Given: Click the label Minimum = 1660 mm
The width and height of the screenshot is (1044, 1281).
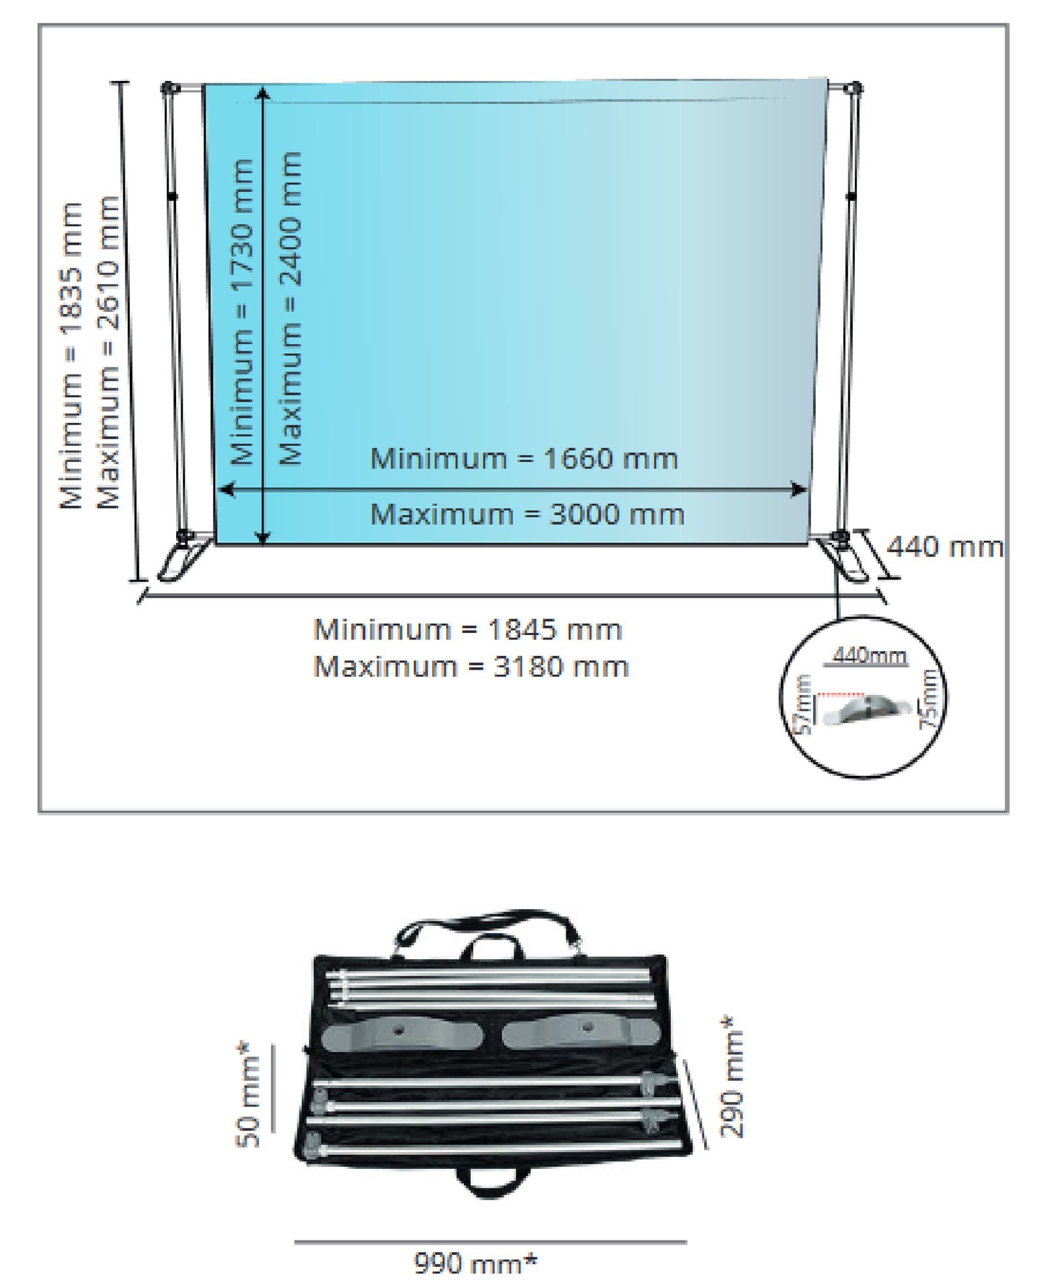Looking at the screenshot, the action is [x=524, y=458].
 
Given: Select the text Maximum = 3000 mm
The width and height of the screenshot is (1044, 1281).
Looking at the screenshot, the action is [x=527, y=514].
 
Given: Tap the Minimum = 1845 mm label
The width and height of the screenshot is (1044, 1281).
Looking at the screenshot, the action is [x=468, y=630].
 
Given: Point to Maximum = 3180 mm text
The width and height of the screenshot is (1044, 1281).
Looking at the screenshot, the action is [x=471, y=667].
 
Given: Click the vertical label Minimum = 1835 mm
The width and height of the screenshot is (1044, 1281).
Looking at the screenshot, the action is [x=71, y=356].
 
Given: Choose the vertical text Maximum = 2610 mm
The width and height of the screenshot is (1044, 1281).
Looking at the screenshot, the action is [x=108, y=352].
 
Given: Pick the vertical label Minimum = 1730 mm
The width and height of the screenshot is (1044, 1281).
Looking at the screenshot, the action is [x=242, y=311].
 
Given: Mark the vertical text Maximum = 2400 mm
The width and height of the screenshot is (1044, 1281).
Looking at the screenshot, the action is [x=290, y=308].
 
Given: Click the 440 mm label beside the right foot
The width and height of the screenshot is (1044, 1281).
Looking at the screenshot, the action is [x=945, y=547].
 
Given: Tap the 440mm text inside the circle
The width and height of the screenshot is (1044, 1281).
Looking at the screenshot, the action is [x=870, y=655].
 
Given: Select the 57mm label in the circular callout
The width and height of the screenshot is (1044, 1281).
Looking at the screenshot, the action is [x=805, y=705].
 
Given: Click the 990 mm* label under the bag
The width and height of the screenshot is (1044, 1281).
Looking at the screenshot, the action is [x=476, y=1263].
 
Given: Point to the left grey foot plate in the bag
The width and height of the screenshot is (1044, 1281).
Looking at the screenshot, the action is [x=403, y=1037].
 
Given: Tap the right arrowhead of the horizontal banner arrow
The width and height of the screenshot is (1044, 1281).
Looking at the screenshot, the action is [x=799, y=489].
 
